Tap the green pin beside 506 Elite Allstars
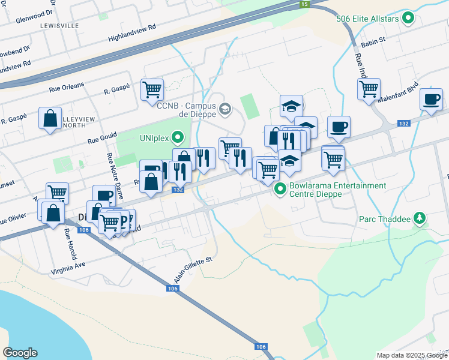[x=409, y=18]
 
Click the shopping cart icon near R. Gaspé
[x=152, y=89]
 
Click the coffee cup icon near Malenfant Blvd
[x=430, y=98]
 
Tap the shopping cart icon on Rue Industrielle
[x=369, y=89]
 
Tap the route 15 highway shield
[x=304, y=4]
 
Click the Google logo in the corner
[x=20, y=353]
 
